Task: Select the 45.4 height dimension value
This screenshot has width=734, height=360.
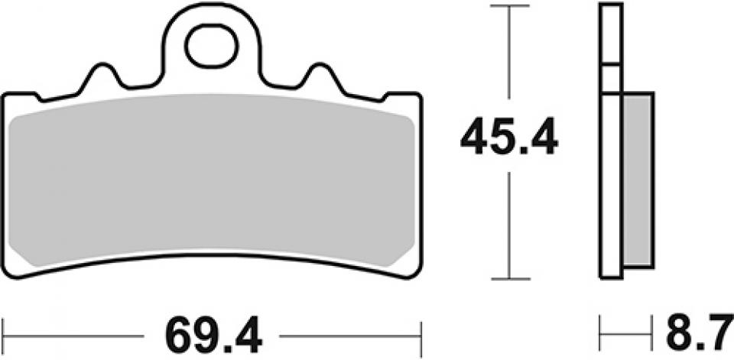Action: pyautogui.click(x=509, y=138)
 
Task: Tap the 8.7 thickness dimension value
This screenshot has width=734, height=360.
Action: pyautogui.click(x=695, y=334)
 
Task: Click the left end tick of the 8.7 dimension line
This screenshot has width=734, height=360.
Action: pyautogui.click(x=601, y=334)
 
